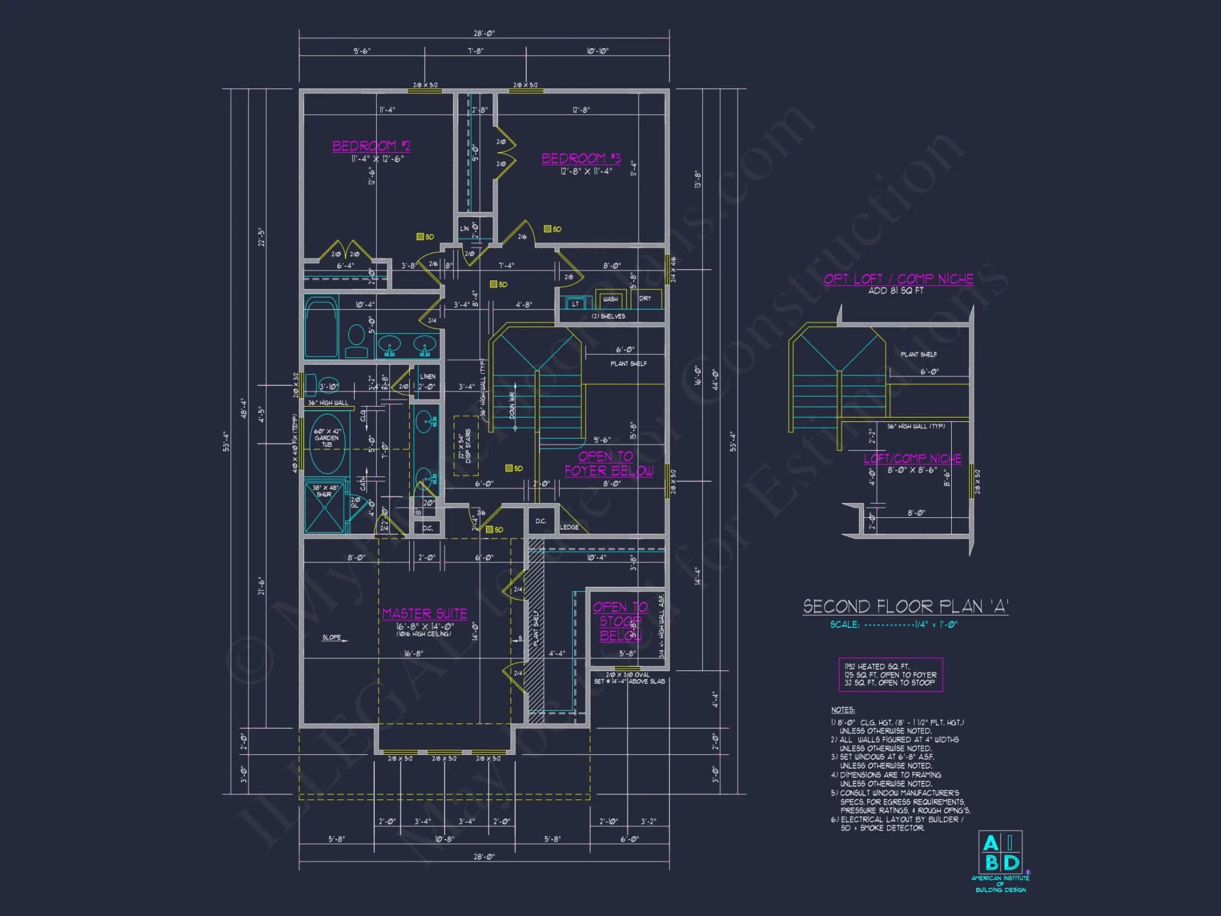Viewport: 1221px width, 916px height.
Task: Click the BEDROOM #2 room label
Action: coord(371,146)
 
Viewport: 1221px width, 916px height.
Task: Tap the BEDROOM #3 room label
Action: coord(581,159)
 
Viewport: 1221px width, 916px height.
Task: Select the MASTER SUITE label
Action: coord(424,614)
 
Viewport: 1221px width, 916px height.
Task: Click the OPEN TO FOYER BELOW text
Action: coord(608,463)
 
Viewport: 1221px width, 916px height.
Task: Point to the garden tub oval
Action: coord(327,443)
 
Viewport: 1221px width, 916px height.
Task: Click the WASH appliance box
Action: coord(610,299)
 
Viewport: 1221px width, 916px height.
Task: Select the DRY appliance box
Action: coord(646,299)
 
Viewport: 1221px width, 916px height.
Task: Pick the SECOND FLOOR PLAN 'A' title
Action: coord(905,606)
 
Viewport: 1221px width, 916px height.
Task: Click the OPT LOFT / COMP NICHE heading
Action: coord(899,279)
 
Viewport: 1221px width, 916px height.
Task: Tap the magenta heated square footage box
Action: coord(890,675)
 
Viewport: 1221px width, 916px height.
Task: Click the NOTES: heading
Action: coord(842,710)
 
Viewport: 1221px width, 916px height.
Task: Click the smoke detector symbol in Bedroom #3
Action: coord(548,229)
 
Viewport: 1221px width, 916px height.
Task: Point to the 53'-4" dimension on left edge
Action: coord(225,441)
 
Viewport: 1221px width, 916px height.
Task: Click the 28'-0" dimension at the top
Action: coord(484,34)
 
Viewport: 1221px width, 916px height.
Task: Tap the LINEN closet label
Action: coord(427,377)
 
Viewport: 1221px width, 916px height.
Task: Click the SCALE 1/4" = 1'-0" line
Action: coord(893,625)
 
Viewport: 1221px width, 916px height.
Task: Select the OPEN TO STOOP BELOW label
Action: coord(620,622)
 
